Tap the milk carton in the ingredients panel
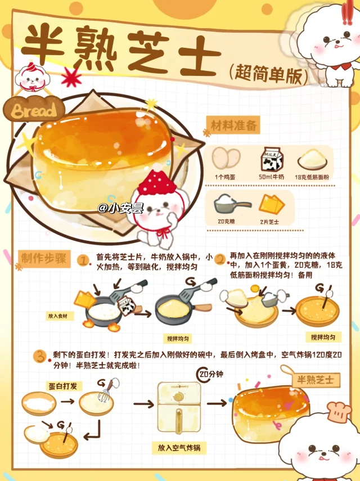(271, 160)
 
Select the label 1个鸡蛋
(225, 177)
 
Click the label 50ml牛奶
(271, 177)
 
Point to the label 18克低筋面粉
(312, 177)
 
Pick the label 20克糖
(226, 221)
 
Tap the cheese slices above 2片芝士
(272, 204)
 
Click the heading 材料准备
(233, 125)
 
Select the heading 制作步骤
(44, 259)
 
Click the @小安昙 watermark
(120, 208)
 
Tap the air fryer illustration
(179, 407)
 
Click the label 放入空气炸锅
(179, 448)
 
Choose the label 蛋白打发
(63, 386)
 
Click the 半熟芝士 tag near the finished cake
(316, 380)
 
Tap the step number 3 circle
(40, 356)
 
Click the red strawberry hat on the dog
(157, 180)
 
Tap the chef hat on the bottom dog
(339, 411)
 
